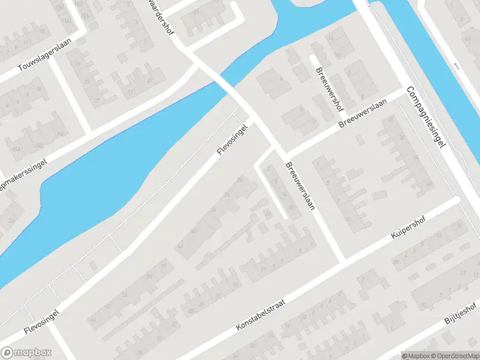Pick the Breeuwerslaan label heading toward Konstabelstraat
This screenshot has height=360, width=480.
click(300, 186)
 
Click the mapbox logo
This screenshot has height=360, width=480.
click(26, 353)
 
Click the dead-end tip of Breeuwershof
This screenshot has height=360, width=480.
click(312, 58)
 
